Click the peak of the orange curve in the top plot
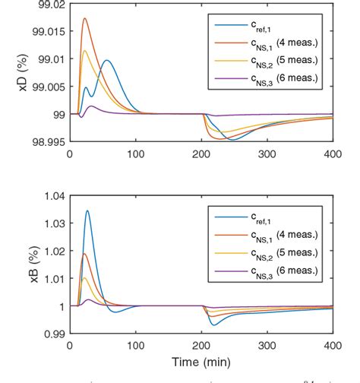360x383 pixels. [84, 18]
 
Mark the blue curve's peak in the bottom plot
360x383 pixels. [87, 210]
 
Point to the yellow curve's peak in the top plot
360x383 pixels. [84, 50]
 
